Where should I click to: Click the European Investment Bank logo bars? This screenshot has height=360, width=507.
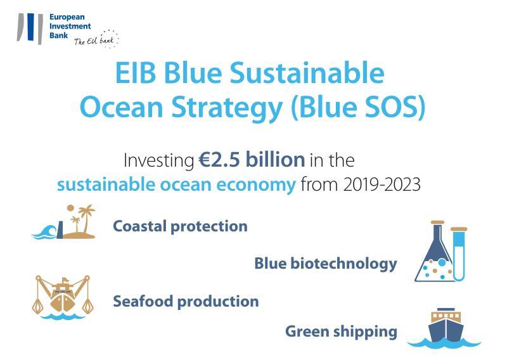[x=30, y=28]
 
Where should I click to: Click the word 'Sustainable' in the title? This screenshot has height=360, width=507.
[x=307, y=73]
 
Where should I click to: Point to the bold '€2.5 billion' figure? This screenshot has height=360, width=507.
[x=252, y=160]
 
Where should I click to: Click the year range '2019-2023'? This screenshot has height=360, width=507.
[x=382, y=184]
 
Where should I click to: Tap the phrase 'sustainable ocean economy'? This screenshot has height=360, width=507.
[x=177, y=184]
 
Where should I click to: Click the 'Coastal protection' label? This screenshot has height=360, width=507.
[x=180, y=226]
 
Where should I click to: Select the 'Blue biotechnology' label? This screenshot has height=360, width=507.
[x=326, y=264]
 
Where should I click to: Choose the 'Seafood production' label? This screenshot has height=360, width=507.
[x=186, y=302]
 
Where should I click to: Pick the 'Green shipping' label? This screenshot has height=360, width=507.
[x=341, y=332]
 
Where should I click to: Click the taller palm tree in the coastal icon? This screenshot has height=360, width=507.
[x=87, y=219]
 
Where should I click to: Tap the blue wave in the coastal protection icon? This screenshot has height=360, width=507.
[x=44, y=232]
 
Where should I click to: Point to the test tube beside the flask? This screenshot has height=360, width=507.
[x=459, y=254]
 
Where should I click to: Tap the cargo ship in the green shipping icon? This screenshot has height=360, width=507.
[x=446, y=325]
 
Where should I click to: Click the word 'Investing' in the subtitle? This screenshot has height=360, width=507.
[x=159, y=160]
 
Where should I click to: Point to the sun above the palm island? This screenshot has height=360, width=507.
[x=70, y=208]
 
